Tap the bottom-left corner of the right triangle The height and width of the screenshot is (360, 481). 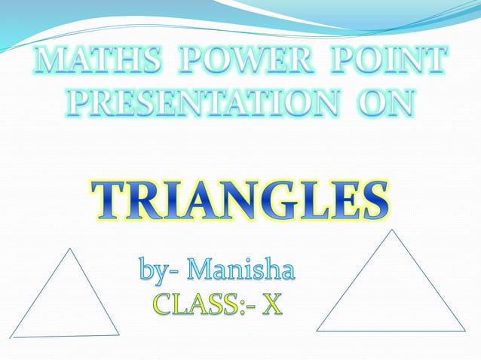click(317, 331)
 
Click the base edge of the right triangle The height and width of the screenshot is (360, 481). click(391, 331)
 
